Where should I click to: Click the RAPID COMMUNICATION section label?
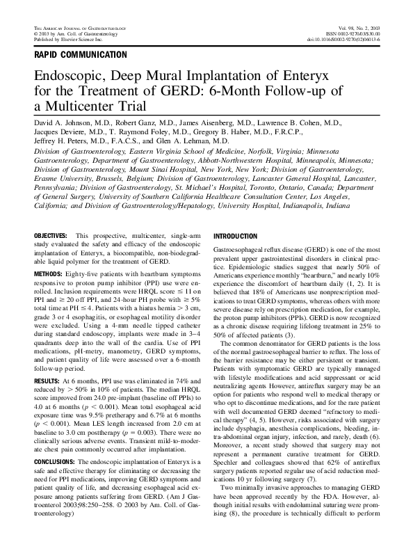tap(80, 54)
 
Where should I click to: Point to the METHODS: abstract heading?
tap(49, 274)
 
